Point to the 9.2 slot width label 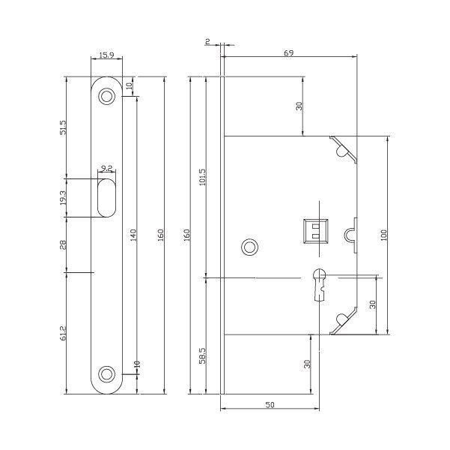[x=106, y=169]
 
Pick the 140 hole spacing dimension [x=133, y=235]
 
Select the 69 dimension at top [x=288, y=52]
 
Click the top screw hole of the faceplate [x=108, y=95]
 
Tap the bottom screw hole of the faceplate [x=108, y=372]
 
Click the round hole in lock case [x=249, y=246]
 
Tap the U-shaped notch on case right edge [x=351, y=235]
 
